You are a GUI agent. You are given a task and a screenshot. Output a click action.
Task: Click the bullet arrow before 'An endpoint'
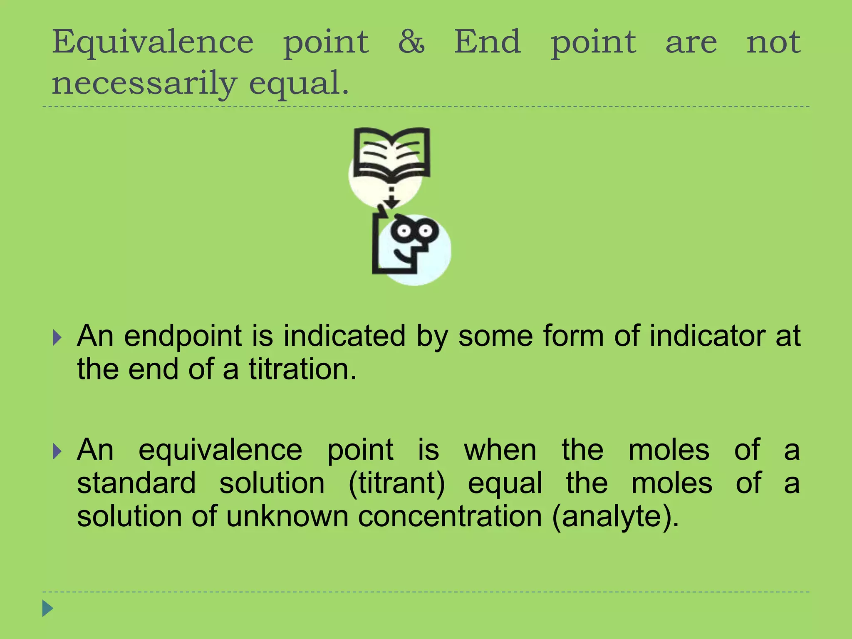pos(57,337)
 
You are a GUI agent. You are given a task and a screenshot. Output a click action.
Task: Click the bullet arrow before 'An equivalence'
pos(57,451)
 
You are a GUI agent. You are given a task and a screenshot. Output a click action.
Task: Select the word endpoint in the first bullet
pos(183,336)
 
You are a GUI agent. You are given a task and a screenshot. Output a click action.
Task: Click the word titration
pos(302,369)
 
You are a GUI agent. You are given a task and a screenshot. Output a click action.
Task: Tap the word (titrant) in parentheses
pos(396,483)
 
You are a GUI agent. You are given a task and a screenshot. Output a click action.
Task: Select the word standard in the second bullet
pos(136,483)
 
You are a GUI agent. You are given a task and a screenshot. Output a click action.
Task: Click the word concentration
pos(450,517)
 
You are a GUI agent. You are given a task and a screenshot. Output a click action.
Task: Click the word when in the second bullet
pos(500,450)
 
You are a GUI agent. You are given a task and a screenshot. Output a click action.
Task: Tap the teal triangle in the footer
pos(48,608)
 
